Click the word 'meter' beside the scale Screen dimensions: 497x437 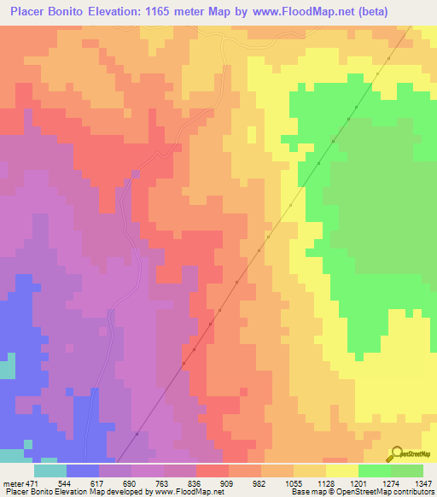(10, 482)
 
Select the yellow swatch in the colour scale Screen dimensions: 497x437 (341, 470)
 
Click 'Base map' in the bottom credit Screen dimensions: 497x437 (306, 493)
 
